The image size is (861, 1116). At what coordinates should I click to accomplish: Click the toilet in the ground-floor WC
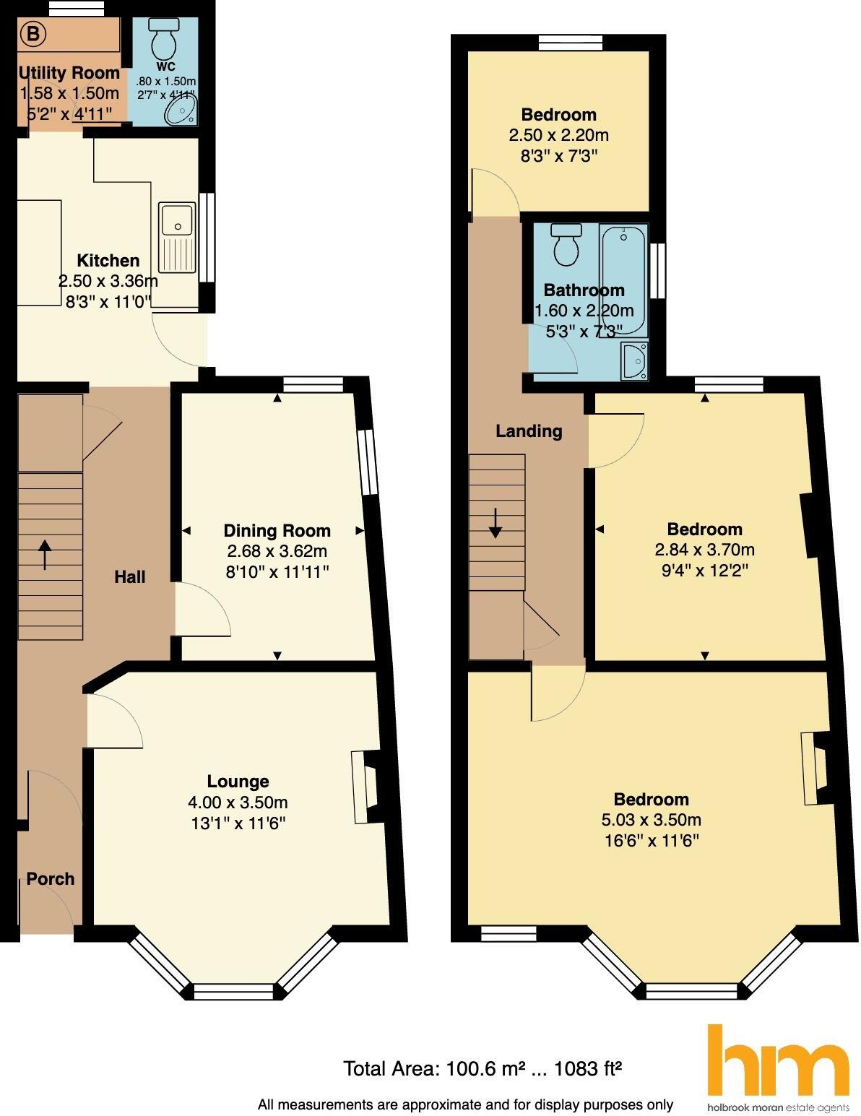tap(164, 39)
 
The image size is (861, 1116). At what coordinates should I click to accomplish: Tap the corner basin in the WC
tap(181, 110)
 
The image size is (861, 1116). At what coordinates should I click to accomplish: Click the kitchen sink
tap(177, 237)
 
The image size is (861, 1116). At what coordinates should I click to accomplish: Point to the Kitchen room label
tap(108, 260)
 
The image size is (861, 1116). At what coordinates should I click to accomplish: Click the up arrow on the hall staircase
tap(45, 555)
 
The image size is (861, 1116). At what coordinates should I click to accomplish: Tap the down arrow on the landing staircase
tap(496, 523)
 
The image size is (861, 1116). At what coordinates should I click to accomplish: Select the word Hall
tap(130, 576)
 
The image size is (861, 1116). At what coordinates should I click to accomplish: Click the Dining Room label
tap(277, 530)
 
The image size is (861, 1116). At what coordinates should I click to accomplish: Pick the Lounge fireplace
tap(366, 787)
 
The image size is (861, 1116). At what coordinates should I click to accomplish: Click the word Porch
tap(51, 879)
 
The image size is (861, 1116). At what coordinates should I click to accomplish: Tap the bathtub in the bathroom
tap(623, 280)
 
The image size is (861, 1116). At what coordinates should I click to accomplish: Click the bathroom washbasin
tap(634, 361)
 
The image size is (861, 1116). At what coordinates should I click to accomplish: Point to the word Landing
tap(529, 431)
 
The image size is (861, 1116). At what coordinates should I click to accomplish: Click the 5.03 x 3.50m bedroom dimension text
tap(651, 819)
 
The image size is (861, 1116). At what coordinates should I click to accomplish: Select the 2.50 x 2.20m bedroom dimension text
tap(558, 135)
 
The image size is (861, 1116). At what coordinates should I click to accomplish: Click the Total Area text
tap(483, 1069)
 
